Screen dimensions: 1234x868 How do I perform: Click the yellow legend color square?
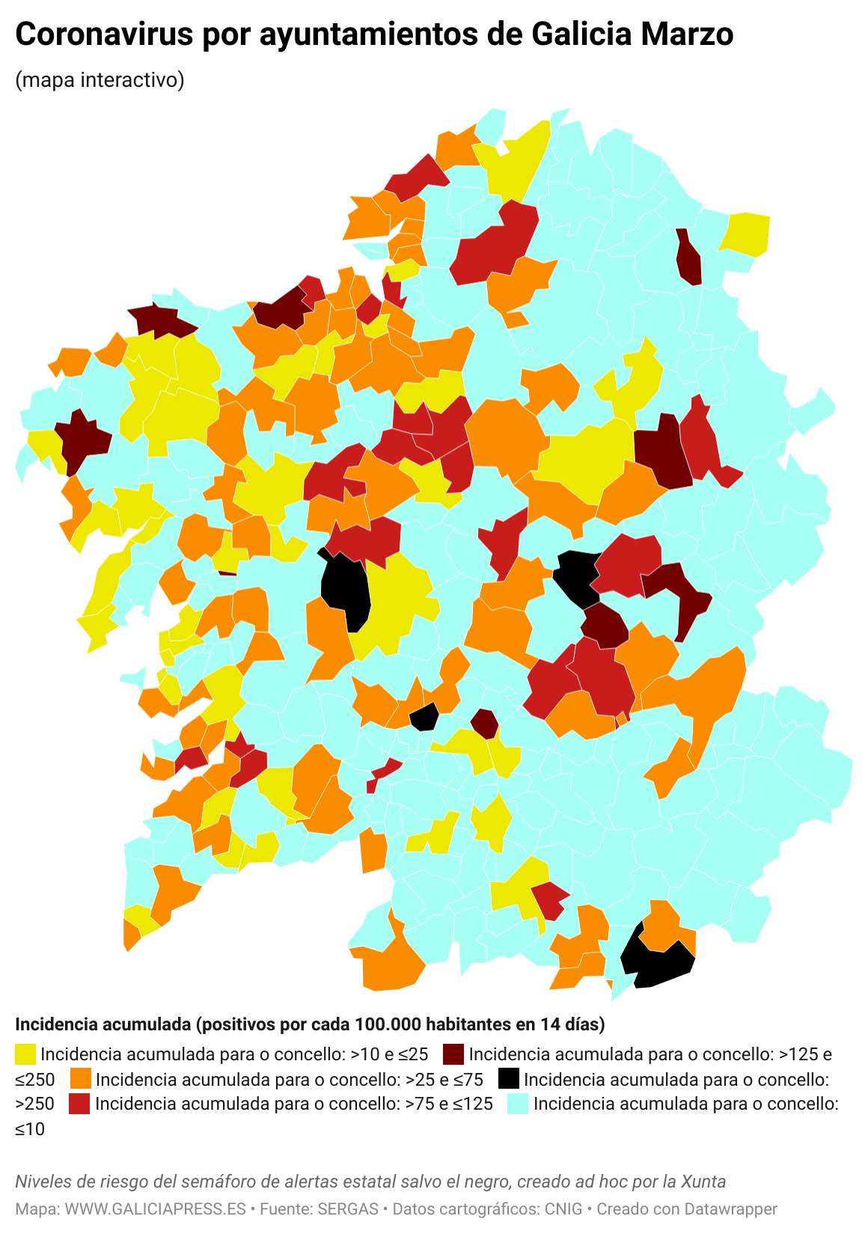pos(25,1054)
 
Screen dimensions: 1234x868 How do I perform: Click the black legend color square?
pos(509,1079)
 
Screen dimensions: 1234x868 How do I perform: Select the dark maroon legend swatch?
pos(453,1054)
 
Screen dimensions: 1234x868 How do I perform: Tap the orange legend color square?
pos(80,1079)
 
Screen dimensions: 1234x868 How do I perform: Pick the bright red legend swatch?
pos(79,1104)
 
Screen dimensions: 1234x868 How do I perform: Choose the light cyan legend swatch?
pos(518,1104)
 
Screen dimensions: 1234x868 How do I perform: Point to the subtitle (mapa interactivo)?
pos(100,79)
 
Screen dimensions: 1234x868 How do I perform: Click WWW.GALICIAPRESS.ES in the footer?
pos(156,1209)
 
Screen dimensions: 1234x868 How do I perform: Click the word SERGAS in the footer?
pos(348,1209)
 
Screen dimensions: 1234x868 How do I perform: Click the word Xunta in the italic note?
pos(703,1182)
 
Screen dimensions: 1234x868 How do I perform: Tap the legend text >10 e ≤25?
pos(389,1054)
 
